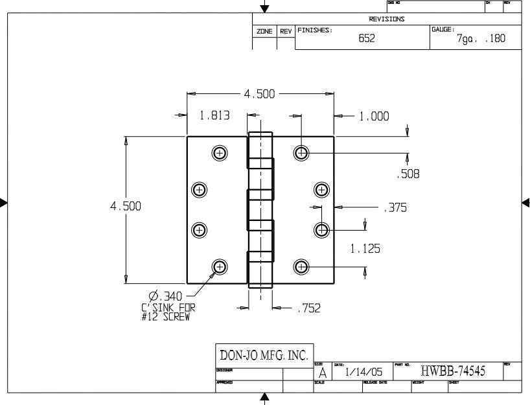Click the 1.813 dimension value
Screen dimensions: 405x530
[x=213, y=116]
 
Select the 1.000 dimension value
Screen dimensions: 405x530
[x=374, y=117]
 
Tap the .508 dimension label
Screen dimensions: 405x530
[x=408, y=174]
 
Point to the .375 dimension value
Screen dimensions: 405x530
[x=395, y=208]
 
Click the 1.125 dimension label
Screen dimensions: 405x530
[x=365, y=248]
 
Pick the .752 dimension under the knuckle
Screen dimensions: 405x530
[x=308, y=309]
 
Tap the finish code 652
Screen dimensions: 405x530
[x=367, y=38]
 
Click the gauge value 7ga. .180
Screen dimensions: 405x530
[x=480, y=39]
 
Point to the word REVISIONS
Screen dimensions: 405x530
[x=387, y=19]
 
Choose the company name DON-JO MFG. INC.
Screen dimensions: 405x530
[x=264, y=355]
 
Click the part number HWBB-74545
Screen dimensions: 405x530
[x=452, y=371]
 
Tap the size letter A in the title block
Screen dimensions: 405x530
[x=322, y=374]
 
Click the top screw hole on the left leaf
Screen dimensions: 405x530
[x=220, y=153]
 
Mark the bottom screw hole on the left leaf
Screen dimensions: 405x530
[x=220, y=266]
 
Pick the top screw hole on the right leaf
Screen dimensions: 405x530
[x=301, y=153]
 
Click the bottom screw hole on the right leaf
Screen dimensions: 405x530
[x=301, y=266]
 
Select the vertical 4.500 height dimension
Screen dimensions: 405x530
[x=126, y=206]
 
